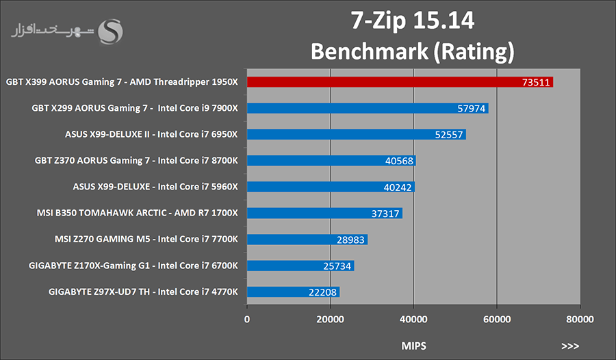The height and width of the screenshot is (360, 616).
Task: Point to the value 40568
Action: point(399,161)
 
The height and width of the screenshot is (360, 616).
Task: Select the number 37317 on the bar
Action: point(385,214)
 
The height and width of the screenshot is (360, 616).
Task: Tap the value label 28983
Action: point(351,240)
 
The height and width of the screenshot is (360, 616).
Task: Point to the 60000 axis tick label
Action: point(496,319)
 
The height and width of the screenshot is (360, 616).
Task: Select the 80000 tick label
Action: point(579,319)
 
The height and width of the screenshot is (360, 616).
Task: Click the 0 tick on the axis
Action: point(247,319)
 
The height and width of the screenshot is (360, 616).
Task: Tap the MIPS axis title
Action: point(413,346)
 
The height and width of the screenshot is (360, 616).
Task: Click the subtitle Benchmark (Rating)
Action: point(412,51)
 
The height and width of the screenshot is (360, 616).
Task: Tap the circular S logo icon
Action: point(112,31)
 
